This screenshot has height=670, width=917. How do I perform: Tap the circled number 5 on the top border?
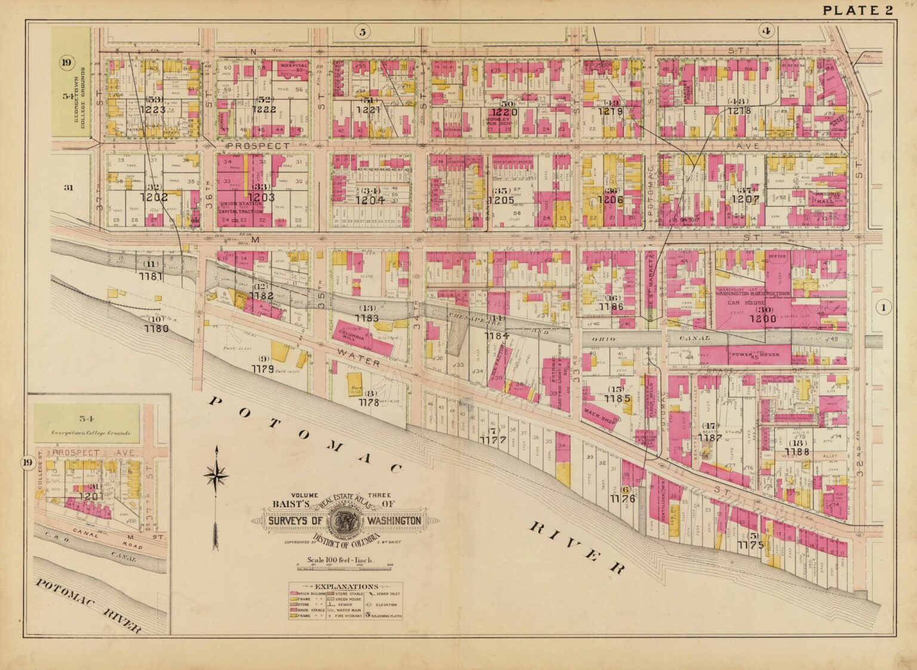tap(362, 32)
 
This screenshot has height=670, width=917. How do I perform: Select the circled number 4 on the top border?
tap(766, 30)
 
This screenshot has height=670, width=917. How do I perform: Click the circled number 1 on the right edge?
tap(884, 308)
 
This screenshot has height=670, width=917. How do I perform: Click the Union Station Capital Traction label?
tap(241, 208)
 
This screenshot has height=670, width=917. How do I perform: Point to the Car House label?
tap(754, 302)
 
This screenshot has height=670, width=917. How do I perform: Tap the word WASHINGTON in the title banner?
tap(395, 521)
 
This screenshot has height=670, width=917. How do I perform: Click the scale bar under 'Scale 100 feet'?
tap(344, 566)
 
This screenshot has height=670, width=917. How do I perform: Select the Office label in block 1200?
tap(778, 255)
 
